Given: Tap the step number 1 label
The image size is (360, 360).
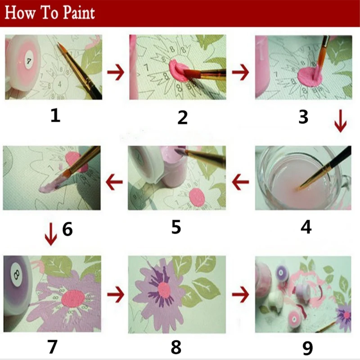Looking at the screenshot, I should click(55, 116).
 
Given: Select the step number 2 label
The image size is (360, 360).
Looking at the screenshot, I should click(182, 117).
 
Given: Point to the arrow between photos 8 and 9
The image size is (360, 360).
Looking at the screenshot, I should click(241, 295).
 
